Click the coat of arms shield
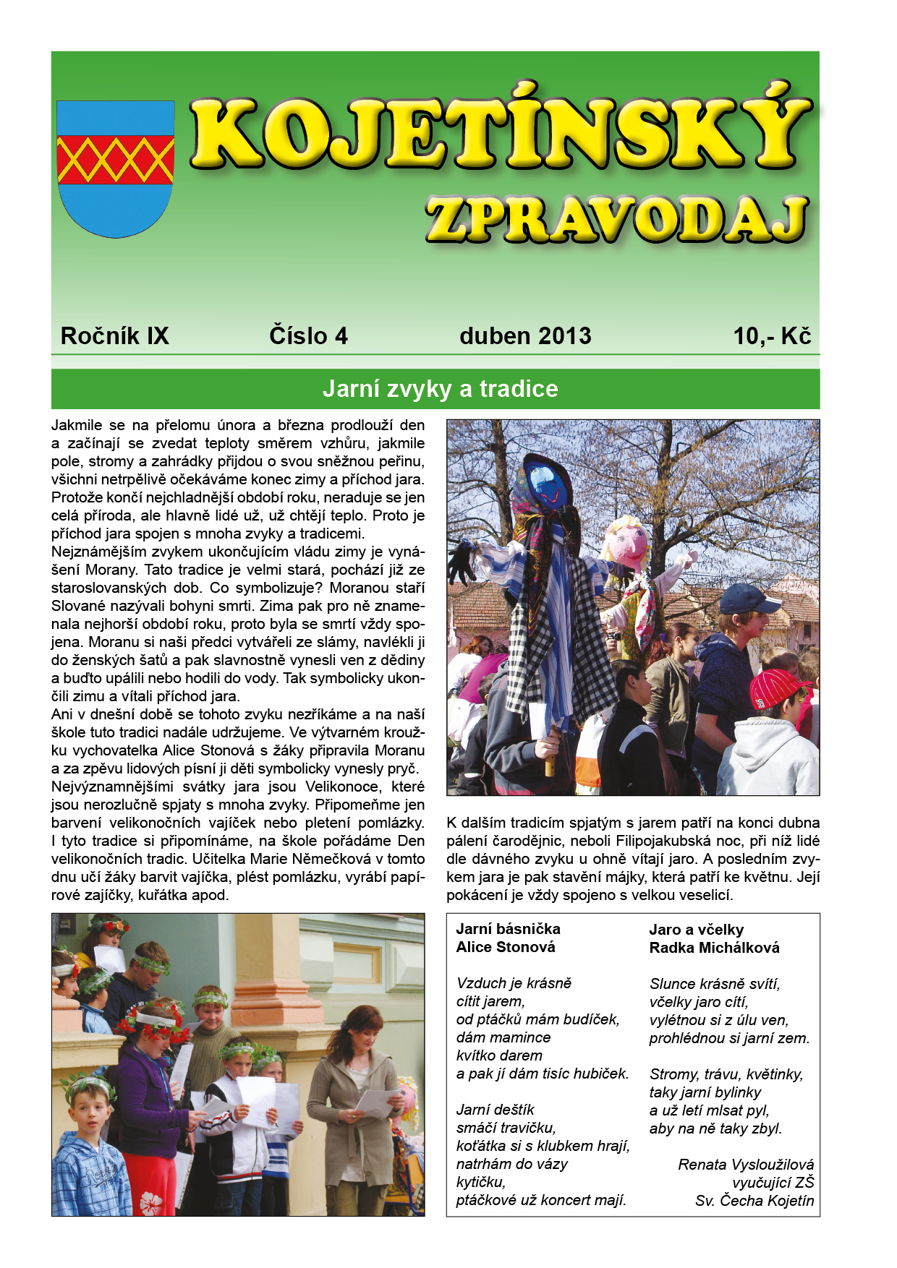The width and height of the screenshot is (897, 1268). pyautogui.click(x=116, y=168)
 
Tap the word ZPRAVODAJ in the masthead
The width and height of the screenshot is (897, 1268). pyautogui.click(x=616, y=220)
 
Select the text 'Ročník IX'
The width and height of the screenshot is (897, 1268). pyautogui.click(x=114, y=336)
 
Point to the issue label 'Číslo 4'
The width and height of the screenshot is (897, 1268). pyautogui.click(x=308, y=336)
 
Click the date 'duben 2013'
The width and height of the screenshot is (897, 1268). pyautogui.click(x=525, y=336)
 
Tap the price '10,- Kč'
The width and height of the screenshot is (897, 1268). pyautogui.click(x=772, y=336)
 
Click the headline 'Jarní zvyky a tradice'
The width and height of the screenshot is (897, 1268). pyautogui.click(x=440, y=389)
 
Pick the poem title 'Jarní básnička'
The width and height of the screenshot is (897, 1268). pyautogui.click(x=508, y=929)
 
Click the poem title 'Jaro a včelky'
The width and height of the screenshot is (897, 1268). pyautogui.click(x=696, y=930)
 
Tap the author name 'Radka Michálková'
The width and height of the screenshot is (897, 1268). pyautogui.click(x=714, y=948)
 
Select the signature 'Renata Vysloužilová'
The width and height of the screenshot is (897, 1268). pyautogui.click(x=745, y=1165)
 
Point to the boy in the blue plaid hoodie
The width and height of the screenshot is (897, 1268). pyautogui.click(x=90, y=1157)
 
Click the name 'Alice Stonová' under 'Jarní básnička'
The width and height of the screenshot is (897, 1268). pyautogui.click(x=506, y=947)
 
